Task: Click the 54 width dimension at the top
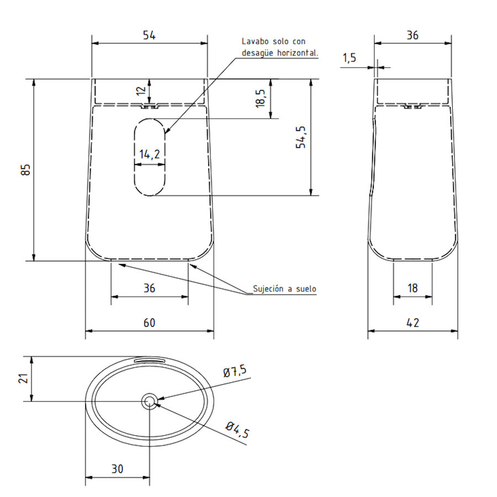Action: (x=149, y=35)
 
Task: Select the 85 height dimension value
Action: (x=25, y=170)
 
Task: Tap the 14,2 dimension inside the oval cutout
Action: (x=150, y=155)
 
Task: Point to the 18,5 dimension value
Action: (x=260, y=98)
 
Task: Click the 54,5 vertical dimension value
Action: (x=300, y=137)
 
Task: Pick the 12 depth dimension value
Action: (x=141, y=91)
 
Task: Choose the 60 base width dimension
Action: (x=149, y=322)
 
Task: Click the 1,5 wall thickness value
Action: (x=350, y=58)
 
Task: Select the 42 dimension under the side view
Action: (x=413, y=322)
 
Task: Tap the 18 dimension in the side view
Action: (x=413, y=288)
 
